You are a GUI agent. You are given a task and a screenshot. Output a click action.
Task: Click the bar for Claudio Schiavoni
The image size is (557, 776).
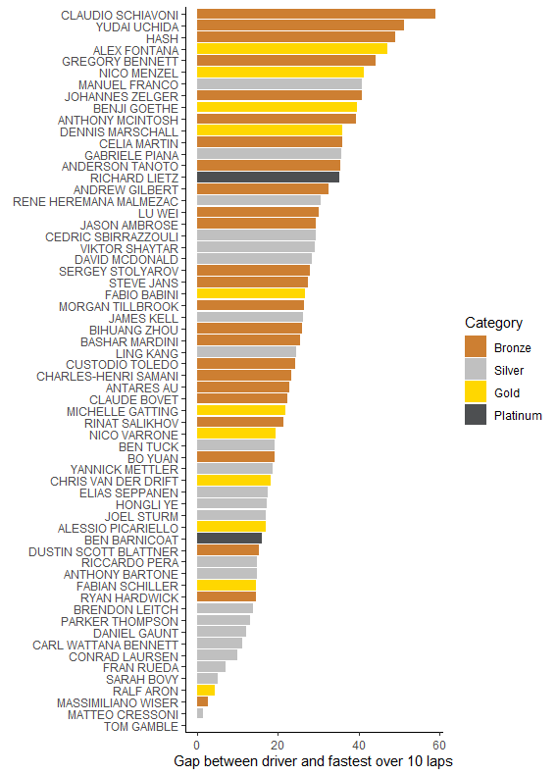(316, 14)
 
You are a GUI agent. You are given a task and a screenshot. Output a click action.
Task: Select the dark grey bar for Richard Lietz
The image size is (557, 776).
(268, 177)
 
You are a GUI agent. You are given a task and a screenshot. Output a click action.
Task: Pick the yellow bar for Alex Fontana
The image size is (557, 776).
(292, 49)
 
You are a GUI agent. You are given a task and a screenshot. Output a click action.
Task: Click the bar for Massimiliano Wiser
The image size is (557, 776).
(202, 702)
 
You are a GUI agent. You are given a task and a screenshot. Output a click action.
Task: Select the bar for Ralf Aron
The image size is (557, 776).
(206, 691)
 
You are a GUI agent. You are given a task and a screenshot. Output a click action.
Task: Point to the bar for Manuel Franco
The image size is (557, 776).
(279, 84)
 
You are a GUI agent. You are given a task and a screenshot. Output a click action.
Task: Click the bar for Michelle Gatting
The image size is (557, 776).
(241, 410)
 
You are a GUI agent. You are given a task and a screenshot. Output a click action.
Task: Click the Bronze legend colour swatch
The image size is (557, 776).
(476, 347)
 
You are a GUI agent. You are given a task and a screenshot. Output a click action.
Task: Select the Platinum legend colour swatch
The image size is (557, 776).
(476, 415)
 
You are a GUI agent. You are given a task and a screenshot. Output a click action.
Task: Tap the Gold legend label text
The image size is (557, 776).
(507, 392)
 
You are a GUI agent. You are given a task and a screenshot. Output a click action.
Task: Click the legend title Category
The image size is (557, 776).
(493, 323)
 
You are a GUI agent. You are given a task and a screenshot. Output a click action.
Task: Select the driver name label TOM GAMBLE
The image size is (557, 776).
(141, 726)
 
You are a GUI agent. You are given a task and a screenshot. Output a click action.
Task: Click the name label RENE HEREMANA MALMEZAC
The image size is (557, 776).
(95, 201)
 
